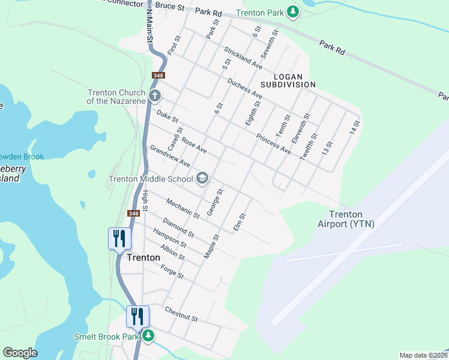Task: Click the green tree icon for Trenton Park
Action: click(293, 12)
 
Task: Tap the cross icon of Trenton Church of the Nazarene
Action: click(154, 96)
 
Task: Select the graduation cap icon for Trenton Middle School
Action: click(202, 178)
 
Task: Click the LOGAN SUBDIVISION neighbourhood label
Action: click(294, 80)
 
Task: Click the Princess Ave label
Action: click(273, 144)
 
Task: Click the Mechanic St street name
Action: click(182, 208)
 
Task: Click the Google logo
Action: click(20, 353)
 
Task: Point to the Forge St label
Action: click(172, 272)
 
